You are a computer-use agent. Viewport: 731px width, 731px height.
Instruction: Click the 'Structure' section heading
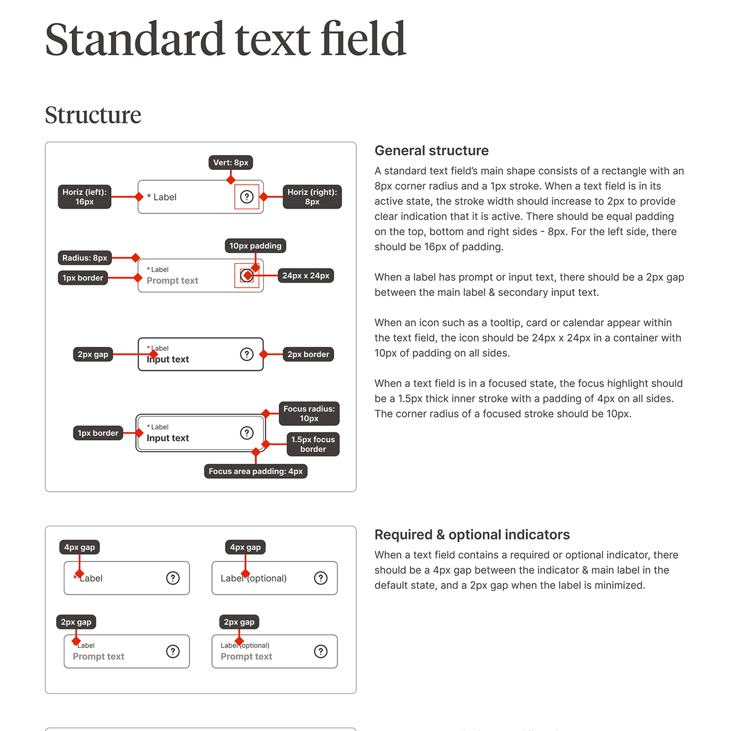93,115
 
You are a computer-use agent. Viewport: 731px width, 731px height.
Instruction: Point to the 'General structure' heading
431,151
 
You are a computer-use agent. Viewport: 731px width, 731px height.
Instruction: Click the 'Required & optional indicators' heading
472,535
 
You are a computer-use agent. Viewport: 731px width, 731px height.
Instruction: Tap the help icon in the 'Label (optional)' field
320,578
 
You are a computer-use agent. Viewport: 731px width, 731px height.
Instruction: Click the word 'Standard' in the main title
134,40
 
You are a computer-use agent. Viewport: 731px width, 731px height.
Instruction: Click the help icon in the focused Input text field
247,433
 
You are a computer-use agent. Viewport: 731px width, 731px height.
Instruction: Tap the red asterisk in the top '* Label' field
149,197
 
